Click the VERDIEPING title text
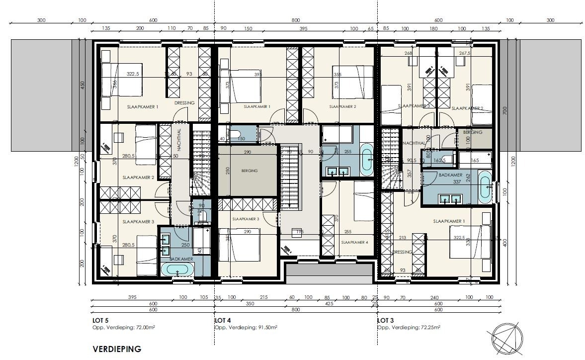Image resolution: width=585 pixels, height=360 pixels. (x=117, y=349)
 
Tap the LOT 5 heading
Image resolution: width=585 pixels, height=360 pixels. (x=101, y=321)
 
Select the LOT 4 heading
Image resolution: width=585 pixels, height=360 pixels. (x=224, y=321)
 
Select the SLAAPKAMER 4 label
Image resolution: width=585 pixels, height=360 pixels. (x=355, y=242)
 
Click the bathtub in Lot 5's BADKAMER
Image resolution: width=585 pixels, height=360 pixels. (x=177, y=270)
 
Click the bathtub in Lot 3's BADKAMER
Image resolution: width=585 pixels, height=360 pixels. (x=484, y=188)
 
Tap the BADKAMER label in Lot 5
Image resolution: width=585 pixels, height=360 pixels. (x=177, y=259)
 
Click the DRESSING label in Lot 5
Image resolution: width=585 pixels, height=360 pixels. (x=184, y=103)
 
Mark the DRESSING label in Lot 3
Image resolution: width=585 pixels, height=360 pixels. (x=402, y=252)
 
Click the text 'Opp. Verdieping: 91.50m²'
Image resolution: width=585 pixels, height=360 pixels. (x=246, y=328)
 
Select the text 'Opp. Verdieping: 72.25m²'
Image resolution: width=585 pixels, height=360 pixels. (x=409, y=328)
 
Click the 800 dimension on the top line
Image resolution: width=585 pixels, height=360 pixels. (x=296, y=20)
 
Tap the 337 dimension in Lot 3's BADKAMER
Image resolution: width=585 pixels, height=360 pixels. (x=457, y=182)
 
